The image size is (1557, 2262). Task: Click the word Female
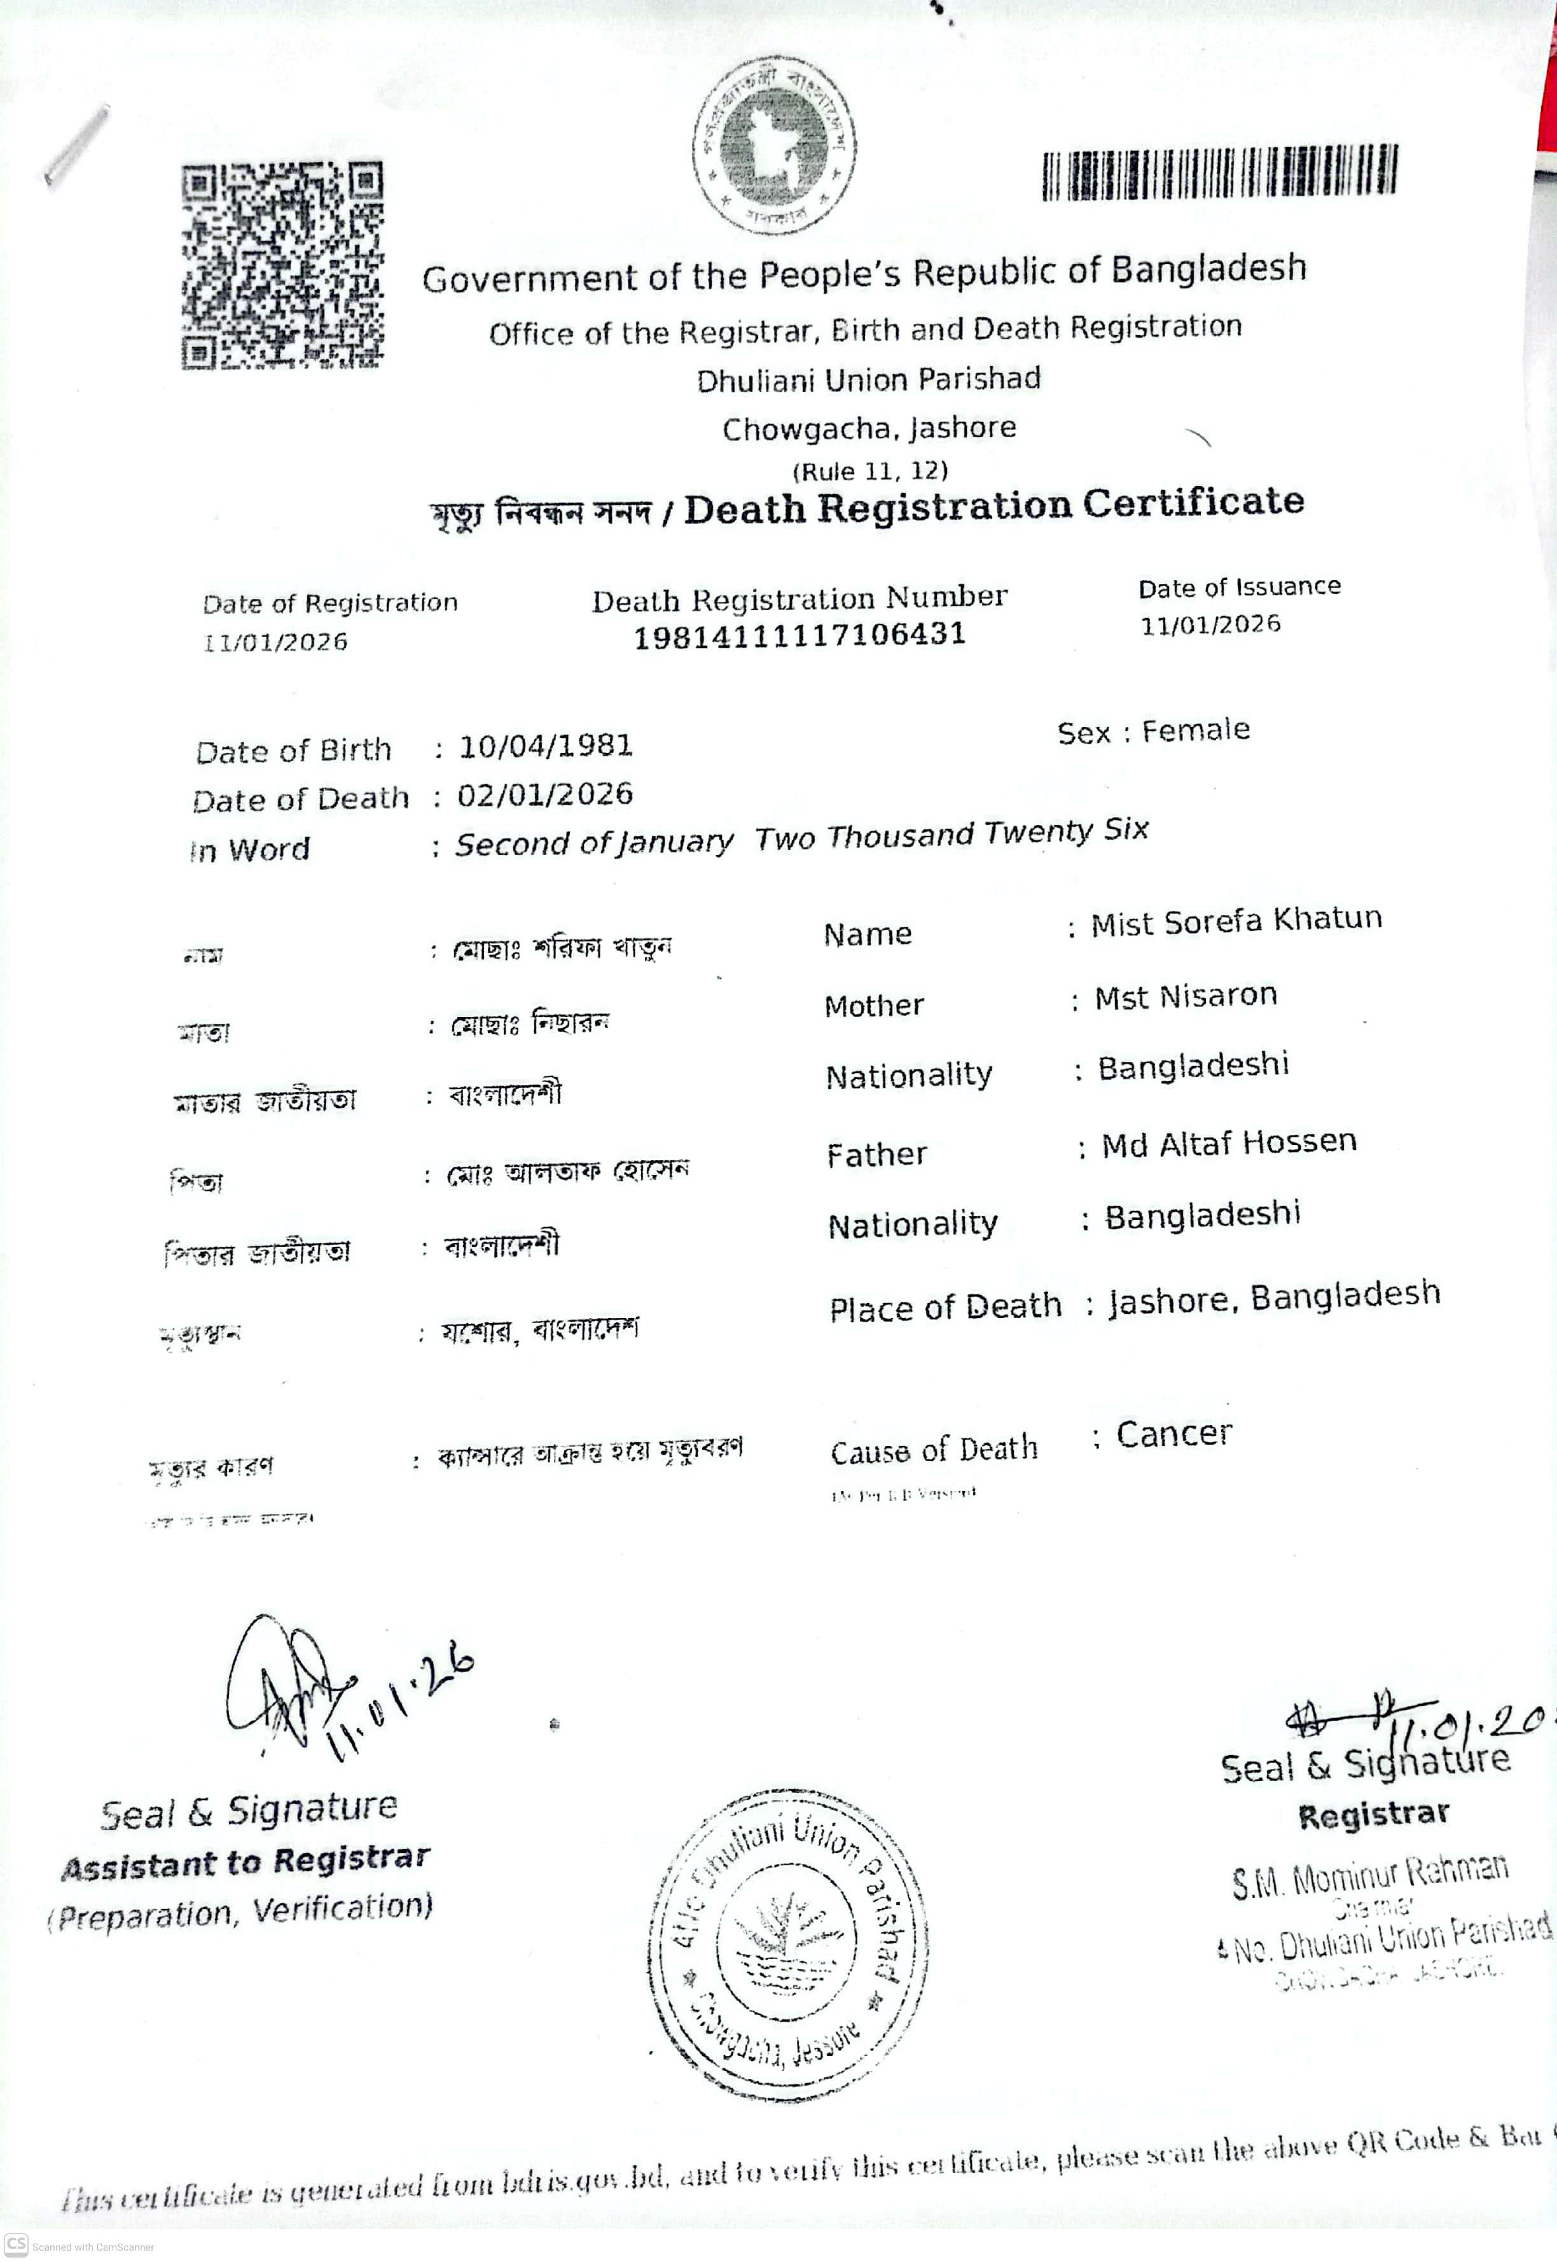coord(1195,731)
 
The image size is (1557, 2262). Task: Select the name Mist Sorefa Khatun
coord(1236,921)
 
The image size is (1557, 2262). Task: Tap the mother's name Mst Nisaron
coord(1186,996)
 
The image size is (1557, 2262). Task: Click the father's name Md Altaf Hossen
coord(1228,1142)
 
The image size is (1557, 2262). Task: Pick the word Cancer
coord(1173,1434)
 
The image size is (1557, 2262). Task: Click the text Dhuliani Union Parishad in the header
coord(868,378)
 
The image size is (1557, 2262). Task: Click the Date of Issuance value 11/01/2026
coord(1210,624)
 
